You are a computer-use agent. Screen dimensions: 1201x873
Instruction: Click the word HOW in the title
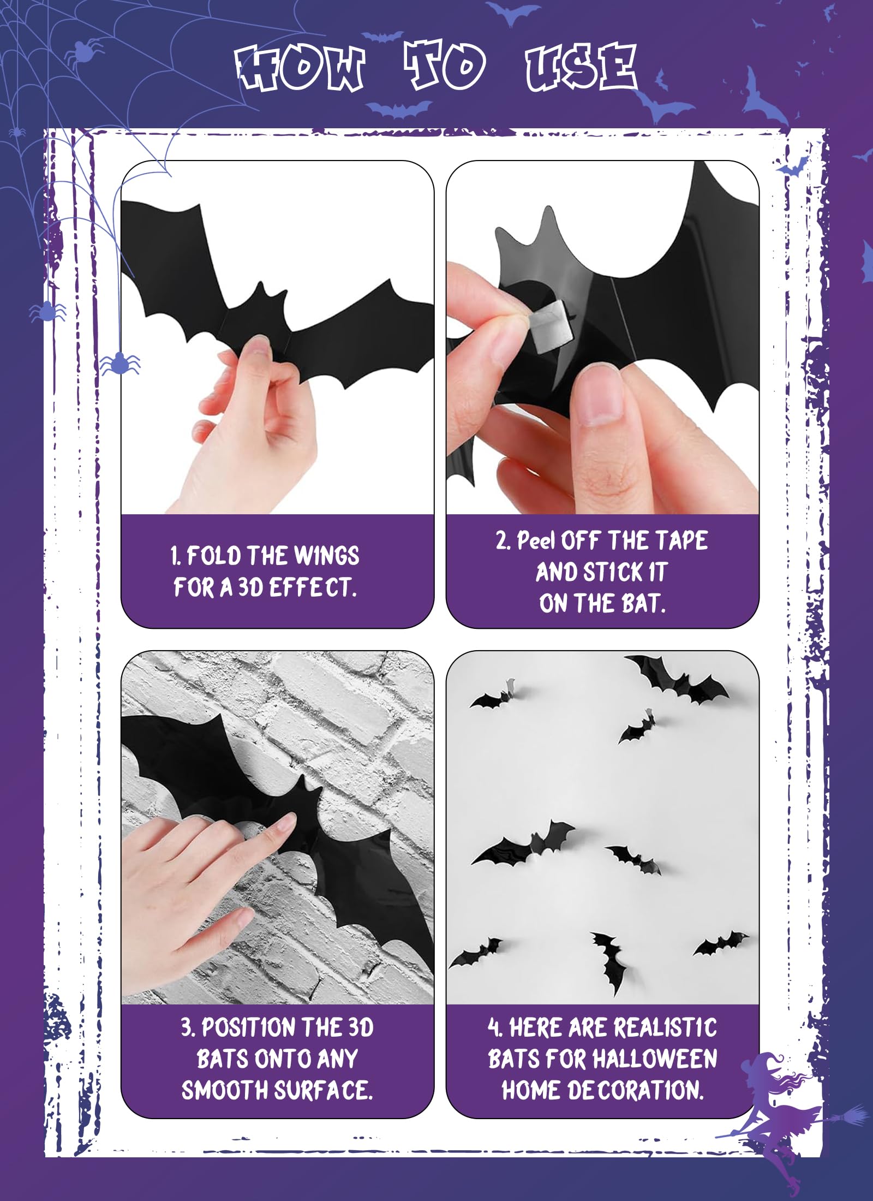pos(300,68)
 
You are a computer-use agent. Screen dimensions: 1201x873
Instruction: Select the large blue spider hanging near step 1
pos(120,363)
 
